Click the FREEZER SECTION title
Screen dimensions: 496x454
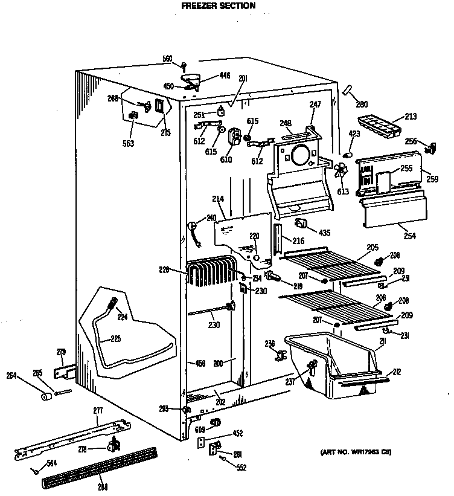219,6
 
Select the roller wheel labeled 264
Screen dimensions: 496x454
45,396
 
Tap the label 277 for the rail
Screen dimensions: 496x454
98,411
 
